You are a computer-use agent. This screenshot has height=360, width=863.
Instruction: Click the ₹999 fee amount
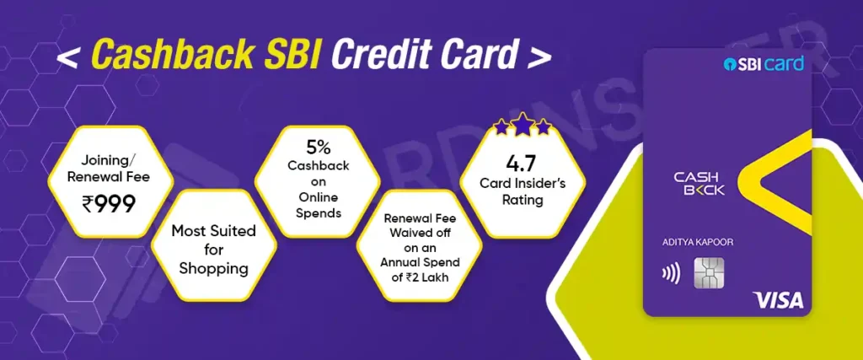pyautogui.click(x=110, y=205)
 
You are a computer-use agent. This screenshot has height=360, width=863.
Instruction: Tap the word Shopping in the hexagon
pyautogui.click(x=213, y=269)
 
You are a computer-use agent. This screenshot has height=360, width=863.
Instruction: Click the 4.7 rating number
pyautogui.click(x=523, y=164)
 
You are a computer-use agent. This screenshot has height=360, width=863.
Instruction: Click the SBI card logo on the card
pyautogui.click(x=764, y=63)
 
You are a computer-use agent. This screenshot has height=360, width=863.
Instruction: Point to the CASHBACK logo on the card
pyautogui.click(x=700, y=183)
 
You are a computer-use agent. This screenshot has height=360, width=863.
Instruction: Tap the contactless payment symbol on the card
pyautogui.click(x=672, y=273)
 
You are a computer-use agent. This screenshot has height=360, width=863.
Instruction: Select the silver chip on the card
pyautogui.click(x=710, y=273)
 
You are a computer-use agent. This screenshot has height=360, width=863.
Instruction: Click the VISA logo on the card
pyautogui.click(x=778, y=300)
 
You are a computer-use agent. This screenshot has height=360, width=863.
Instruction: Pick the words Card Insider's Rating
pyautogui.click(x=523, y=191)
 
